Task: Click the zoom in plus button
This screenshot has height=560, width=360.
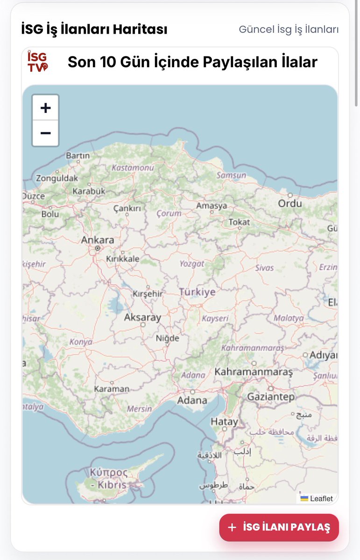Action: click(45, 108)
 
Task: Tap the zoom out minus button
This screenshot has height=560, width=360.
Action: click(45, 133)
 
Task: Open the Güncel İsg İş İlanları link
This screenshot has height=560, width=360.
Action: click(289, 29)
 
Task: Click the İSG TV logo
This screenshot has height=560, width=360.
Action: click(37, 62)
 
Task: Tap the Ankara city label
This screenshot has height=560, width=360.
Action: click(98, 240)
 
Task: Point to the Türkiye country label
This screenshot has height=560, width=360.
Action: click(198, 292)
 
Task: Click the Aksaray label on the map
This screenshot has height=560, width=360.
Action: click(142, 317)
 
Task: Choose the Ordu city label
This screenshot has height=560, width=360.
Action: click(290, 203)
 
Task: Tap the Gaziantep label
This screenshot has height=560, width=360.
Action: click(271, 397)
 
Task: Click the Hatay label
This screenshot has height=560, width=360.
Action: click(224, 422)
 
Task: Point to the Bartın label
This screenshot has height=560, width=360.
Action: click(78, 155)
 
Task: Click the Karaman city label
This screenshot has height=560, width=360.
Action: click(112, 389)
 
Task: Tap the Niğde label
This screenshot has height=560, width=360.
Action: click(168, 338)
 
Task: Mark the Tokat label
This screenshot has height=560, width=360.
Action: click(239, 223)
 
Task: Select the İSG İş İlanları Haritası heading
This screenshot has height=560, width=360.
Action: click(94, 29)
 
